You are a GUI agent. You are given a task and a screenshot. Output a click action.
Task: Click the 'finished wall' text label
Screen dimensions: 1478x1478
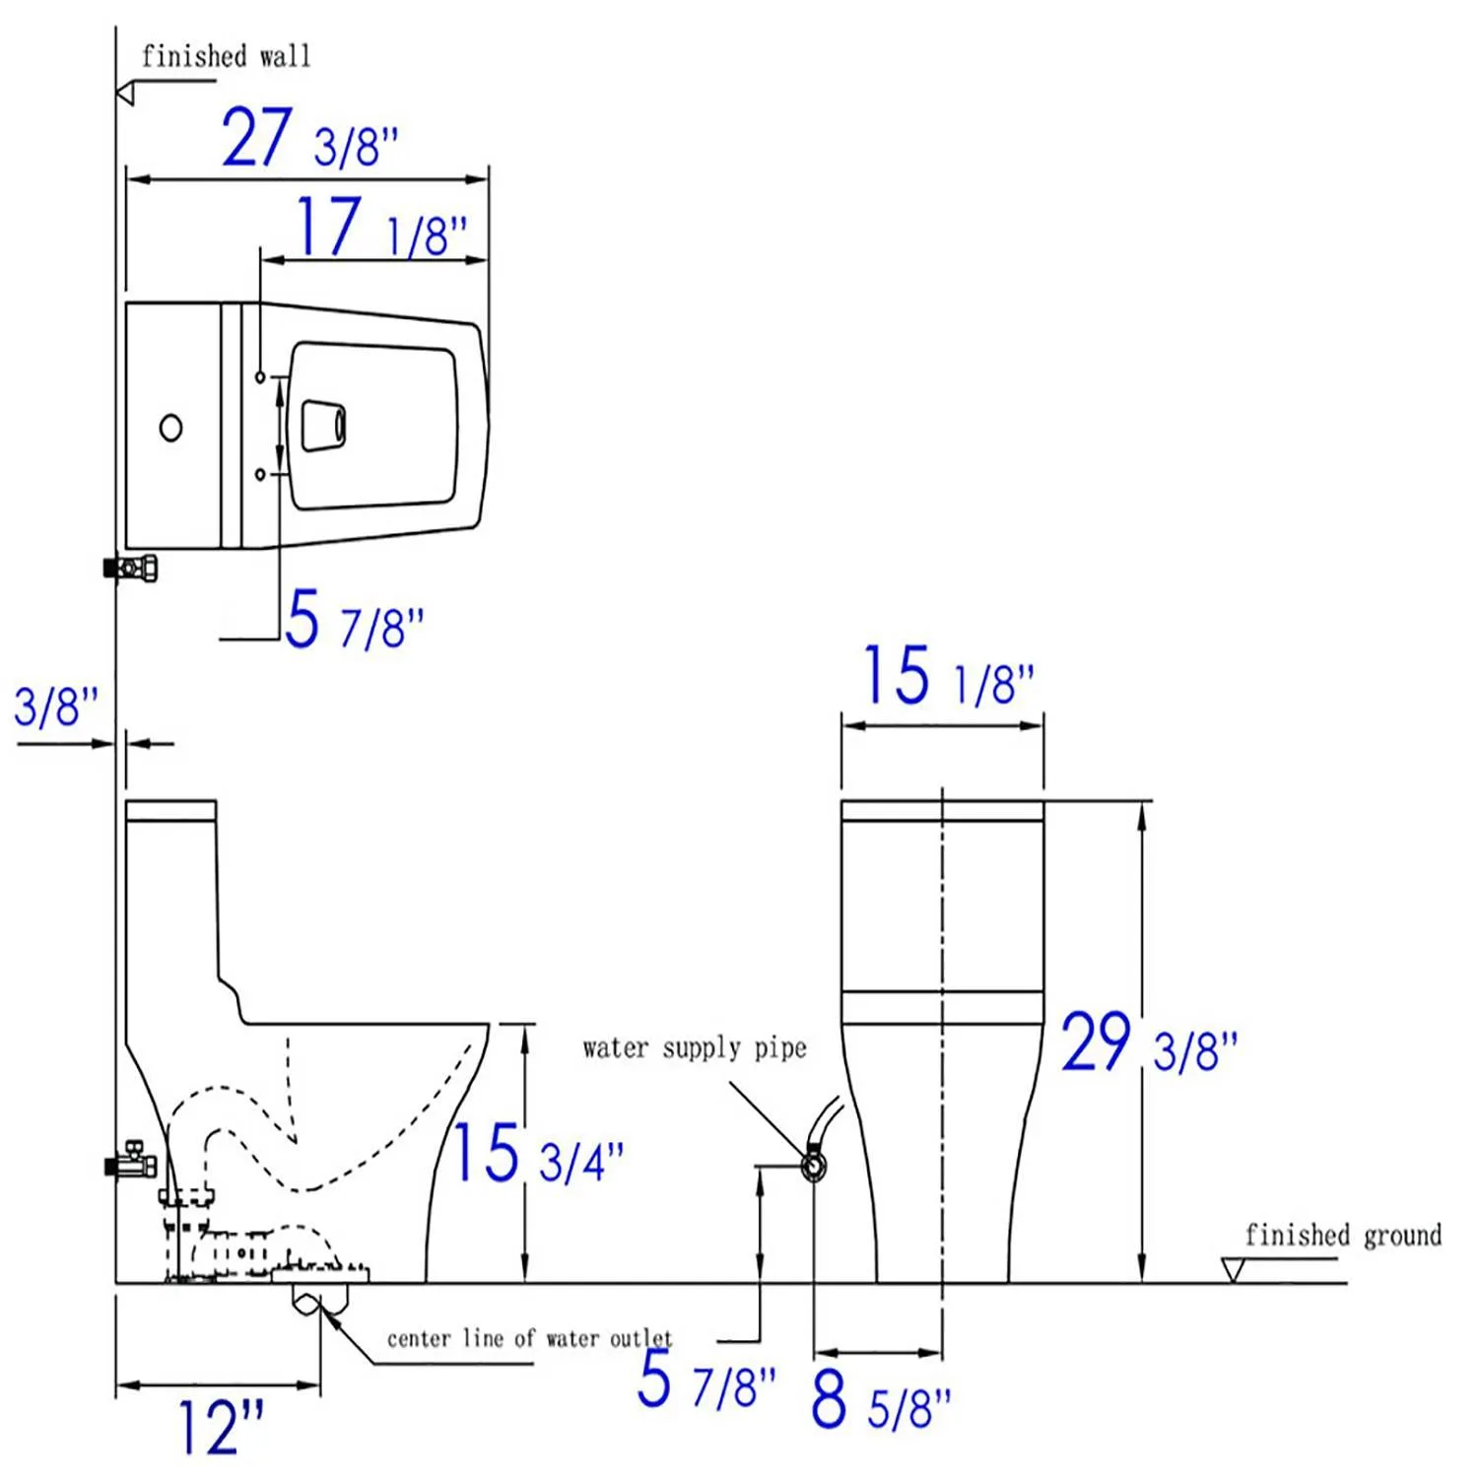click(226, 56)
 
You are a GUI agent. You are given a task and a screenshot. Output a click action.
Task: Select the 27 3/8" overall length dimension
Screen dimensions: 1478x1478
click(308, 140)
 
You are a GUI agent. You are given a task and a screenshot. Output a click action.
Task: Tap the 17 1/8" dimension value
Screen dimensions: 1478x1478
click(380, 228)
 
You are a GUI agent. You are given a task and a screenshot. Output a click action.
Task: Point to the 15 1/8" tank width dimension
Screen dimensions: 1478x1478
click(948, 677)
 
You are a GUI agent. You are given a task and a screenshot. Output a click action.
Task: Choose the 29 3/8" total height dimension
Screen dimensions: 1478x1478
click(1148, 1044)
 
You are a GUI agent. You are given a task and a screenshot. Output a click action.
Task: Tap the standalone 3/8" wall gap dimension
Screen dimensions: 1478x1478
click(56, 707)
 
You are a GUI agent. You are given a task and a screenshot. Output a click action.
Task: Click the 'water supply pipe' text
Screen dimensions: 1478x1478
click(695, 1047)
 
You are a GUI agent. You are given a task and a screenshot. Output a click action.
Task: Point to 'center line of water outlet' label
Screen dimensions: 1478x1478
click(529, 1338)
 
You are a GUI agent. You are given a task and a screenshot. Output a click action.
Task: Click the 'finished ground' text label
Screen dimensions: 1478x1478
click(1342, 1235)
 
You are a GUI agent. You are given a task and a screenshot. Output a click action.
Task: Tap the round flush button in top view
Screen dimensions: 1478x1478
click(170, 428)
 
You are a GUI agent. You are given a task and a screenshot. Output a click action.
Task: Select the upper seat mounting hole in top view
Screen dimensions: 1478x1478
click(260, 377)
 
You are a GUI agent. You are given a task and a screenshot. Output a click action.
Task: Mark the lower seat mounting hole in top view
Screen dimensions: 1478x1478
click(260, 475)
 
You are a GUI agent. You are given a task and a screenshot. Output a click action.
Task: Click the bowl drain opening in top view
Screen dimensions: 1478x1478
click(324, 426)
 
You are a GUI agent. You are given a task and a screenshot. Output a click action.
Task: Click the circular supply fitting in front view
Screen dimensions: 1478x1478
click(814, 1168)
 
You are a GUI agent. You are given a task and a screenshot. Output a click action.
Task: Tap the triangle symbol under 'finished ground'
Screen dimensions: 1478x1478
click(1232, 1269)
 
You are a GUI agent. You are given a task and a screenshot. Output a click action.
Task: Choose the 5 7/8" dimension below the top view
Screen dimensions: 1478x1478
click(354, 621)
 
